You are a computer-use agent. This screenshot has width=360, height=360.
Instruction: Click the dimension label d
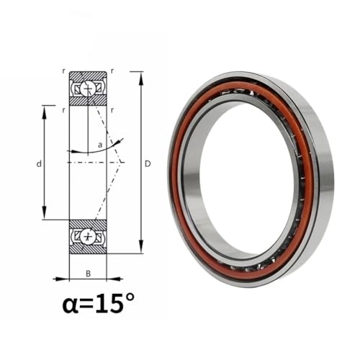click(39, 164)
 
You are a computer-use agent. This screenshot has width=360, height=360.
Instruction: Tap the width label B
click(89, 274)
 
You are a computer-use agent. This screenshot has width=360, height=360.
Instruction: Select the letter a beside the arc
click(100, 145)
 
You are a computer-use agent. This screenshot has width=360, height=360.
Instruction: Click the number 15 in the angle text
click(110, 304)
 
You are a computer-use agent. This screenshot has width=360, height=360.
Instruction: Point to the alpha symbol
click(71, 306)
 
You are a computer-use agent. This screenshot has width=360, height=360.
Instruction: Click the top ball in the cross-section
click(86, 89)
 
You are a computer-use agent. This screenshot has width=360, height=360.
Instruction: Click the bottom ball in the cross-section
click(87, 237)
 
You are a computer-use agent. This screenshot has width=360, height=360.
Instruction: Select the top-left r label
click(63, 71)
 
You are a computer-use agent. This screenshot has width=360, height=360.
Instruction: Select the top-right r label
click(112, 71)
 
